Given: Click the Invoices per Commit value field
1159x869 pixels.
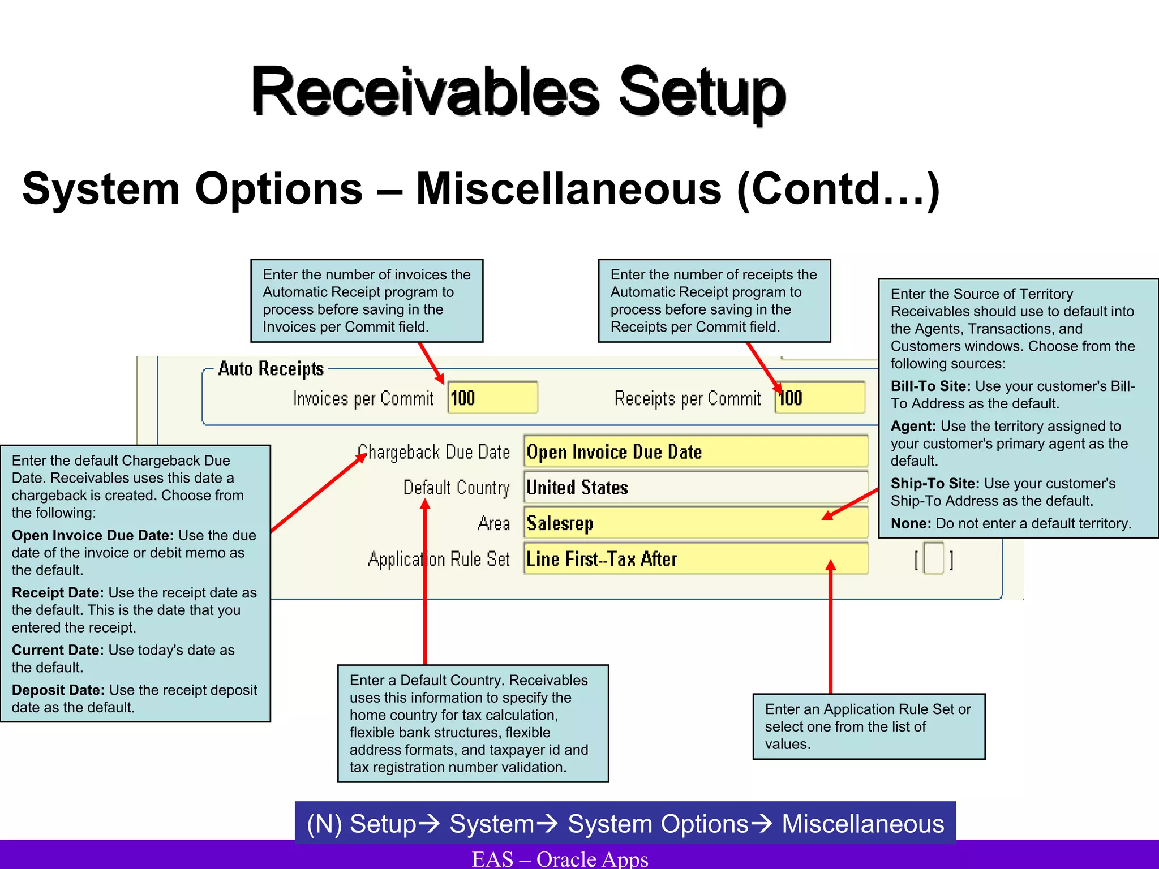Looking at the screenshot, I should click(492, 398).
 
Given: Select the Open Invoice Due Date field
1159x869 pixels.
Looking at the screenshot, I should click(696, 451).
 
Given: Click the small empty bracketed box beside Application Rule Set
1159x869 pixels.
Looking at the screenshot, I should click(933, 558).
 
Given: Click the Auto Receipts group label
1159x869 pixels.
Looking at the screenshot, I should click(271, 368).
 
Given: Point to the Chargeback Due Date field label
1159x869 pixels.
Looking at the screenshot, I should click(435, 452).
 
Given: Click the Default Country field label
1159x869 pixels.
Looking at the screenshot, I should click(456, 488).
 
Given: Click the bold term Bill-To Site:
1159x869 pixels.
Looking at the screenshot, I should click(930, 386).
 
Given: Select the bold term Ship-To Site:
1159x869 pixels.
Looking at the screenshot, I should click(934, 484).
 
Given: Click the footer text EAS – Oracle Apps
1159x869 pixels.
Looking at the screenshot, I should click(560, 858).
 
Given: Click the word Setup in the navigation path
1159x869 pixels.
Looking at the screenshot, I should click(383, 824).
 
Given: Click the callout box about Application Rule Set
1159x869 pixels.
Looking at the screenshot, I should click(868, 726).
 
